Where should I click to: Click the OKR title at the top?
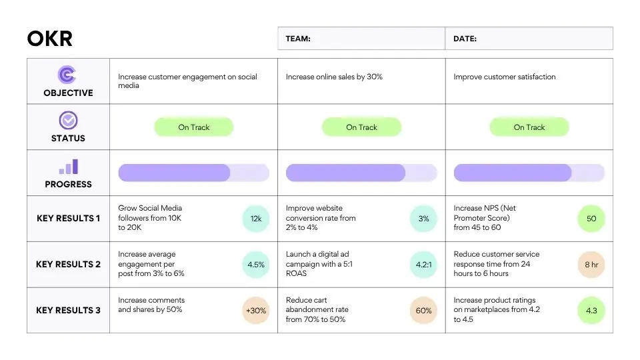(50, 39)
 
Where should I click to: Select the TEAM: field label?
(298, 39)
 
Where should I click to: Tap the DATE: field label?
(465, 39)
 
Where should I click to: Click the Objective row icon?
(67, 74)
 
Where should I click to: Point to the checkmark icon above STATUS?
(68, 121)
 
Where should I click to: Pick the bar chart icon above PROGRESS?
(69, 167)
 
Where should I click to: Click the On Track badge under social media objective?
(194, 127)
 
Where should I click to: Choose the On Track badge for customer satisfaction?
(529, 127)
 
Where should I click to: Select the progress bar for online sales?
(361, 173)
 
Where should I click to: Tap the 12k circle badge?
(256, 219)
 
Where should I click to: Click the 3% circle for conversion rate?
(423, 219)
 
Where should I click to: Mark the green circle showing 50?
(591, 219)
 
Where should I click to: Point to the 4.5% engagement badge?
(256, 265)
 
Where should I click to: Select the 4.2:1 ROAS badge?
(423, 265)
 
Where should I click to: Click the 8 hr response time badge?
(591, 265)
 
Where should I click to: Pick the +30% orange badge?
(256, 311)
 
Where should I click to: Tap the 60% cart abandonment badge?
(423, 311)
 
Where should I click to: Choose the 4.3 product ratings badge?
(591, 311)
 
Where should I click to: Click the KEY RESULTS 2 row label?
(68, 265)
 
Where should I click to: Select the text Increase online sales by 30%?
(334, 77)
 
